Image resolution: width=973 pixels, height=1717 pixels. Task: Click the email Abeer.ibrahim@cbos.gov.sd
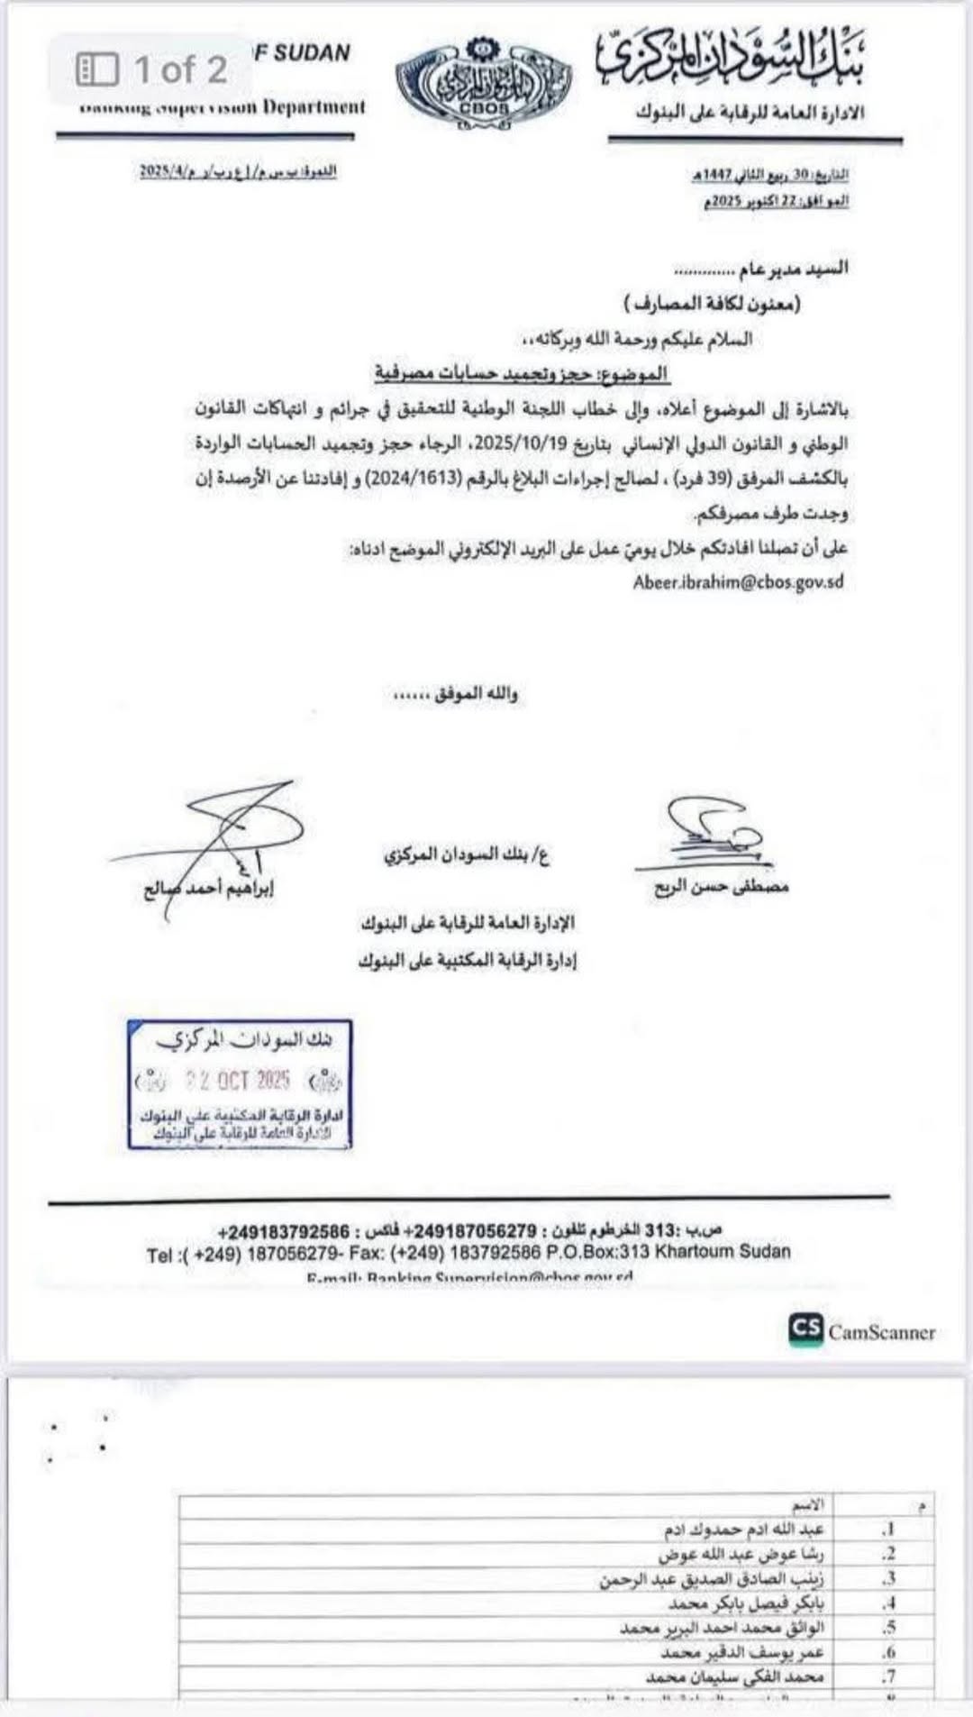coord(738,581)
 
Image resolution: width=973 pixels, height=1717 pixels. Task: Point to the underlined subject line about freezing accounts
coord(523,372)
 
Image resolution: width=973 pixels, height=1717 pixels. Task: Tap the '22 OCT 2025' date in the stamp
coord(238,1080)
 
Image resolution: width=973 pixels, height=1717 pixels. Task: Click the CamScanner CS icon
coord(805,1329)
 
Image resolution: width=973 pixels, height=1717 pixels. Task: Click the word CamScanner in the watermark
coord(881,1332)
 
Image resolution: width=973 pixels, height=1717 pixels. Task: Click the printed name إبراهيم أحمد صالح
coord(209,889)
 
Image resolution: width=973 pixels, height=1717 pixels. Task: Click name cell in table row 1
coord(744,1530)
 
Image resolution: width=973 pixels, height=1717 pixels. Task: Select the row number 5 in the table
coord(889,1628)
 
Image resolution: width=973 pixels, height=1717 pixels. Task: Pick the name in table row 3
coord(712,1579)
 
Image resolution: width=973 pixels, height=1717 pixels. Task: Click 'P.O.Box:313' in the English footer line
coord(597,1252)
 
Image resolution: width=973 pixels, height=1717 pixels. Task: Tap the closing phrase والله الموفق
coord(455,694)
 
